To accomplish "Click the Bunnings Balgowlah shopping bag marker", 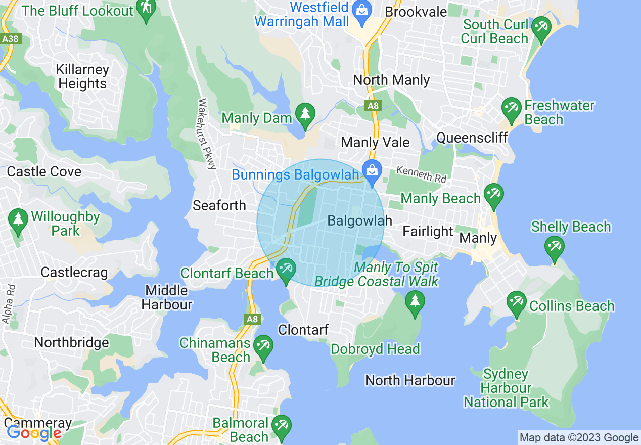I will coord(372,171).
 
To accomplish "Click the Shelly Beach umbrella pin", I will coord(555,248).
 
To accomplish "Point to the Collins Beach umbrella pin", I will coord(516,303).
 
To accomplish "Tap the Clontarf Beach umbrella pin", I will coord(286,270).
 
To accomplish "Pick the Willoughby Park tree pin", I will coord(19,220).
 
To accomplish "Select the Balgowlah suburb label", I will coord(360,220).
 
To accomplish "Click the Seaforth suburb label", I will coord(219,205).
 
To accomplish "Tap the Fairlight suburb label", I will coord(428,232).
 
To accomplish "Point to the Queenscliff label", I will coord(472,138).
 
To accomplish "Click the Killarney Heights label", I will coord(82,76).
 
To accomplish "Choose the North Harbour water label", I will coord(410,380).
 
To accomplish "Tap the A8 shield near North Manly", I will coord(373,106).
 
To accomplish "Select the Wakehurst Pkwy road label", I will coord(207,133).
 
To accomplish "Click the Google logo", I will coord(33,433).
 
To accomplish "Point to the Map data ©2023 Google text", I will coord(579,438).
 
